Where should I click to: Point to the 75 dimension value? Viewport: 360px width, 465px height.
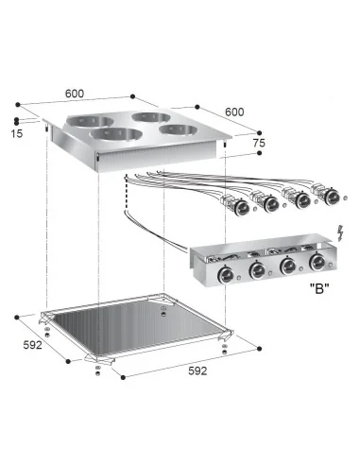259,143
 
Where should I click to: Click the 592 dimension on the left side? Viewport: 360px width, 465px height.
32,345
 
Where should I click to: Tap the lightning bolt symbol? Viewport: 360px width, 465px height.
338,232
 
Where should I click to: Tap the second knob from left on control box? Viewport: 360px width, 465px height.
256,272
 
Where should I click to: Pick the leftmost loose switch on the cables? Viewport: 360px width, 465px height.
231,203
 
